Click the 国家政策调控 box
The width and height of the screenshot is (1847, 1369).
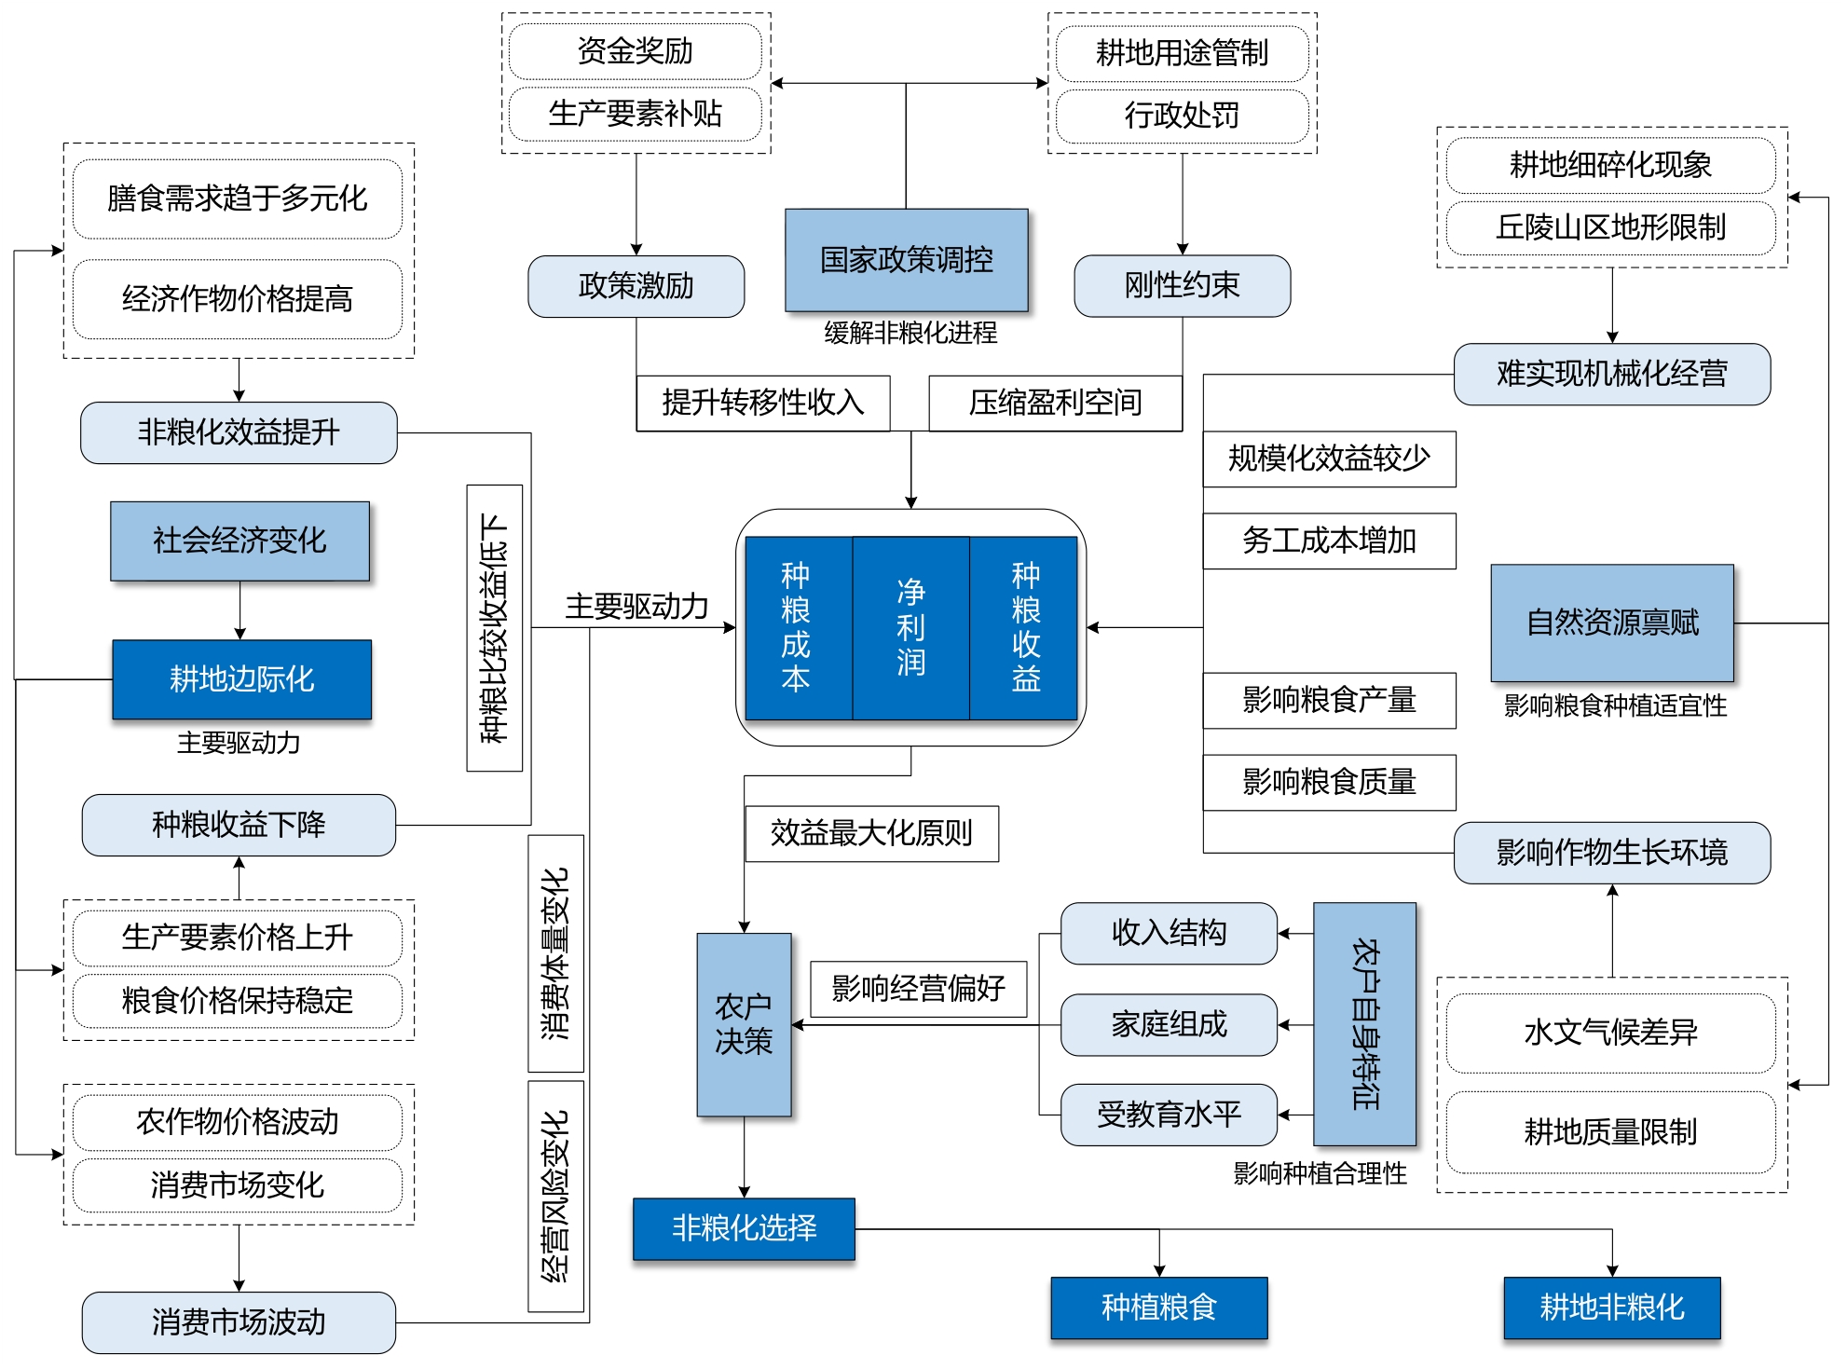click(906, 259)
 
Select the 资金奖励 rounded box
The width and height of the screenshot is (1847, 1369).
click(635, 51)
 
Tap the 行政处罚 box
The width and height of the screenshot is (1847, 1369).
click(1182, 116)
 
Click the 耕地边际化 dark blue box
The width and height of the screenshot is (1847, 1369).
click(241, 678)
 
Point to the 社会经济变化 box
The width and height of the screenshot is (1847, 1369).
click(239, 541)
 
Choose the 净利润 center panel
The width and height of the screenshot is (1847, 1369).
click(910, 627)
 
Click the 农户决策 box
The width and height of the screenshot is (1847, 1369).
click(744, 1024)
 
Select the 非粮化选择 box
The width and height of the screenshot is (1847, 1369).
click(744, 1228)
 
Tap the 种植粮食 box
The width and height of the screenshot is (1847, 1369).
click(1158, 1307)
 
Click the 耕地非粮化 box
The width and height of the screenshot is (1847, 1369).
click(1611, 1307)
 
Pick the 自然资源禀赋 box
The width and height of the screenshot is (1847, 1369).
click(1611, 622)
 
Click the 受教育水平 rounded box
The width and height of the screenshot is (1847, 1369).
click(1169, 1115)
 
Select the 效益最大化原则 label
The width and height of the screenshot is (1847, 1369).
click(871, 833)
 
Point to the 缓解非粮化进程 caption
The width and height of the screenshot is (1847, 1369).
click(910, 333)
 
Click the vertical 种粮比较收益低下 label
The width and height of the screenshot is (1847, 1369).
click(494, 627)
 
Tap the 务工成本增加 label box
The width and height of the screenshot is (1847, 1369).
click(1329, 541)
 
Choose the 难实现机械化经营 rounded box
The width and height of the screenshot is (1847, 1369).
click(1611, 374)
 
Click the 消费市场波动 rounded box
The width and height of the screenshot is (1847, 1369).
click(239, 1321)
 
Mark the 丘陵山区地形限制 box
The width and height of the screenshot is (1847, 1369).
click(1610, 227)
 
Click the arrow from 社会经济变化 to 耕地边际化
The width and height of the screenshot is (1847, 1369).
click(239, 610)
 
